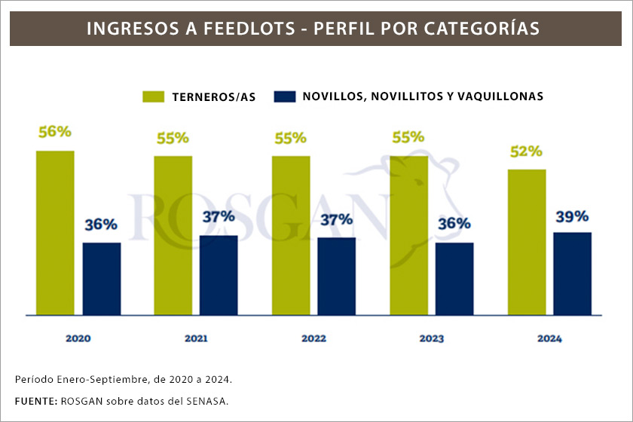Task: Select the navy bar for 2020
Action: pos(102,278)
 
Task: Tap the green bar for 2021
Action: pos(173,235)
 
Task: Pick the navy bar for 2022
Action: pos(336,276)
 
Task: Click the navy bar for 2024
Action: pos(572,273)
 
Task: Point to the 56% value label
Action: pos(54,131)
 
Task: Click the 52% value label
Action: pos(525,151)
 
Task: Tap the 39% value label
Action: pos(572,216)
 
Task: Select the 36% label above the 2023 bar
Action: pos(454,224)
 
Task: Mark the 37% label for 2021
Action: pos(219,217)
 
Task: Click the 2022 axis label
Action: pos(313,338)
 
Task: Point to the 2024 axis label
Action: pos(549,338)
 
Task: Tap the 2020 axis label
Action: pos(78,338)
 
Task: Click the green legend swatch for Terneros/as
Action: pos(153,96)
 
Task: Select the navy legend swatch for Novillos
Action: pos(284,96)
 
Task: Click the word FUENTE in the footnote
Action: pos(35,400)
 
